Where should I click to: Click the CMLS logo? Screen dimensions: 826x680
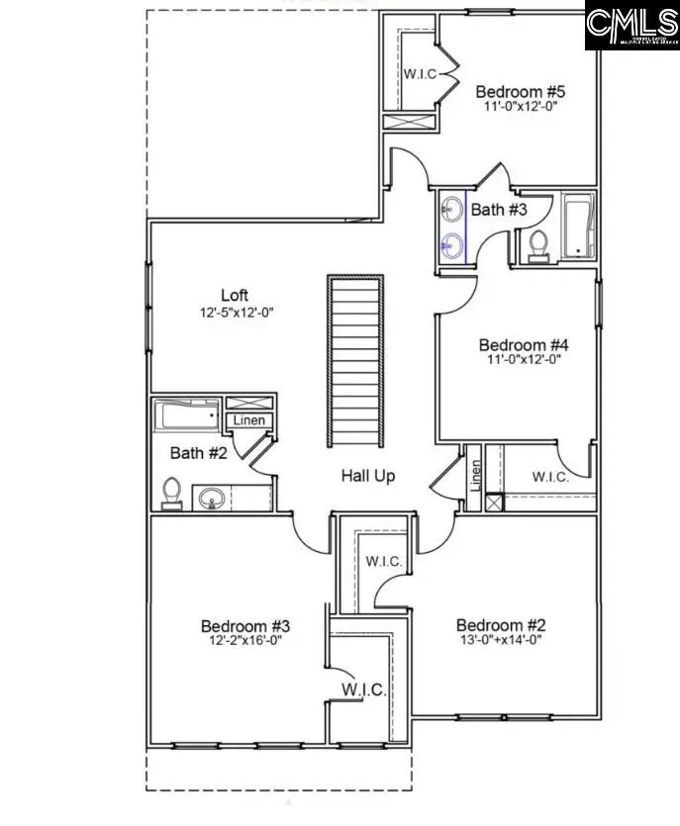click(x=631, y=27)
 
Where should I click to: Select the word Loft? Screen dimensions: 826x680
click(x=234, y=295)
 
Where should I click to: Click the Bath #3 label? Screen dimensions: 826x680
click(x=499, y=210)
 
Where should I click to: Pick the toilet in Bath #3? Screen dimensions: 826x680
click(x=538, y=244)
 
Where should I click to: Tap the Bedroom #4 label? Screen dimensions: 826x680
click(x=524, y=344)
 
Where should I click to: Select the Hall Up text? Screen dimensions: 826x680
click(x=368, y=476)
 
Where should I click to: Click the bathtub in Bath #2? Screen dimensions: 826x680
click(x=188, y=414)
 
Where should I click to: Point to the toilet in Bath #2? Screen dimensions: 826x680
click(x=171, y=492)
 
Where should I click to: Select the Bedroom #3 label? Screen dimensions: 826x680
click(x=244, y=626)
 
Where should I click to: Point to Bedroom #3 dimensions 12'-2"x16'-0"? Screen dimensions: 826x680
click(x=244, y=640)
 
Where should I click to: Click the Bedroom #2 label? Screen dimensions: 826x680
click(x=501, y=625)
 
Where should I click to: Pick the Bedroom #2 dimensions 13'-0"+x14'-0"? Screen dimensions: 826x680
click(x=501, y=639)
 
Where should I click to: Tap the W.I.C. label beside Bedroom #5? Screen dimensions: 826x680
click(x=418, y=73)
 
